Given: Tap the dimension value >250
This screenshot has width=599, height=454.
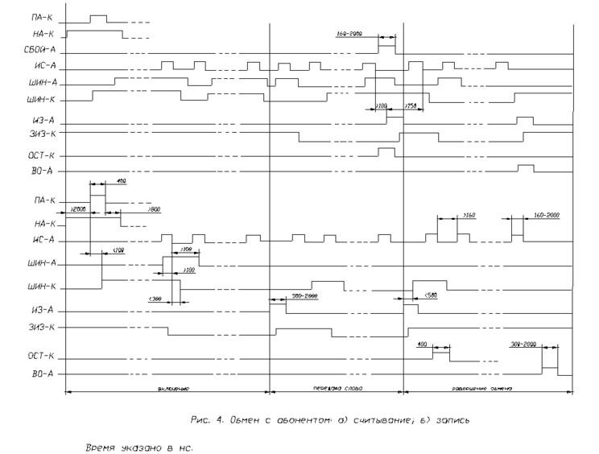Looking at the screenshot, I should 411,105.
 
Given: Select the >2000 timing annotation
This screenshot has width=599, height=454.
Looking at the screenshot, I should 78,208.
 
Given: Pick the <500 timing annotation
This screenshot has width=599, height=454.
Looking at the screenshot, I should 430,295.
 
